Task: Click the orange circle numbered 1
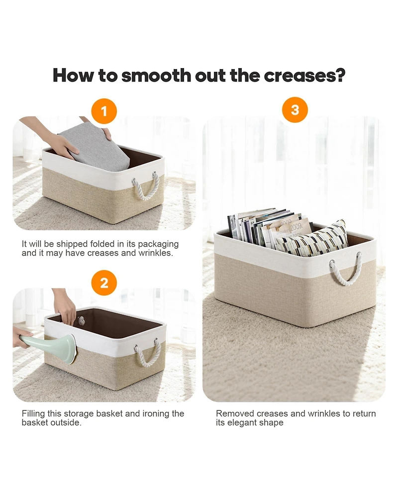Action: tap(104, 111)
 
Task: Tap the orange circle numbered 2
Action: tap(104, 284)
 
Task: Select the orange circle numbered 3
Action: tap(295, 110)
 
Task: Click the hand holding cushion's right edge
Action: tap(106, 133)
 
